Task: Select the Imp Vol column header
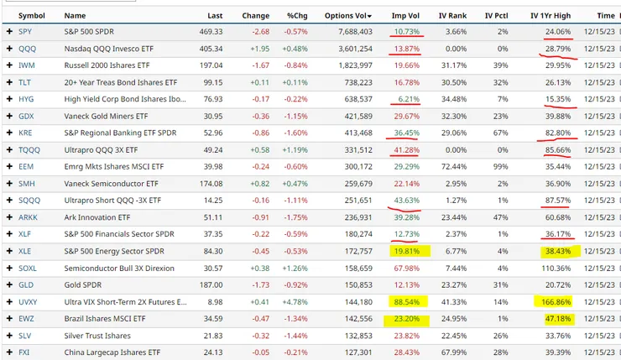[407, 15]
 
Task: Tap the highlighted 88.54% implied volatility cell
[404, 301]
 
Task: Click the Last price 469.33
[211, 31]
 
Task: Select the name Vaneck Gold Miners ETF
[106, 116]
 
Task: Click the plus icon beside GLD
[8, 284]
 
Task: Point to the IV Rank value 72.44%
[456, 166]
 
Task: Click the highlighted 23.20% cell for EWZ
[404, 319]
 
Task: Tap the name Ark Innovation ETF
[98, 217]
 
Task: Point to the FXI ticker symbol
[24, 352]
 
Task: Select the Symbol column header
[32, 15]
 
